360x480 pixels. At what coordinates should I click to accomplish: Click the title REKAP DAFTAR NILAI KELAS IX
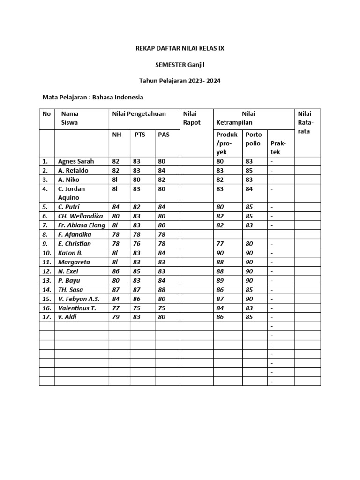tap(180, 48)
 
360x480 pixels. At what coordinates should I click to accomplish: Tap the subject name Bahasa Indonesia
tap(118, 97)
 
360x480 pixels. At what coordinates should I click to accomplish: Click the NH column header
tap(116, 135)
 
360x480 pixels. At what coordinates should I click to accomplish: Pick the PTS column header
tap(140, 135)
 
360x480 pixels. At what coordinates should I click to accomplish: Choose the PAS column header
tap(164, 135)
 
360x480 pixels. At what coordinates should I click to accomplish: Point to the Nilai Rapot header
tap(192, 118)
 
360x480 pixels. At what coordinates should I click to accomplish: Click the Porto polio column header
tap(254, 139)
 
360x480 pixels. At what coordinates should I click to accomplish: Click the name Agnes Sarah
tap(76, 161)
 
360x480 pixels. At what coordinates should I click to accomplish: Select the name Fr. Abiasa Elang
tap(82, 225)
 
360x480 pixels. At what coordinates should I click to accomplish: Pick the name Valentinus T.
tap(77, 308)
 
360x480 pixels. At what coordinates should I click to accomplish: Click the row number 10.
tap(46, 253)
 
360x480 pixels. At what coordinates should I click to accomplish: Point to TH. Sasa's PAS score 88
tap(162, 290)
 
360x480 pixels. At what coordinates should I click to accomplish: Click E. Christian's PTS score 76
tap(137, 244)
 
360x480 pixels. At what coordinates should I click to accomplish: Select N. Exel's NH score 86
tap(115, 271)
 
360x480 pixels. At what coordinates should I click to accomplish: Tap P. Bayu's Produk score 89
tap(220, 280)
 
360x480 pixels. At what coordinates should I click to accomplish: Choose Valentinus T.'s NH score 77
tap(115, 308)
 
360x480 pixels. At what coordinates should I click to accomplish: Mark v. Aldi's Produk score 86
tap(220, 317)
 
